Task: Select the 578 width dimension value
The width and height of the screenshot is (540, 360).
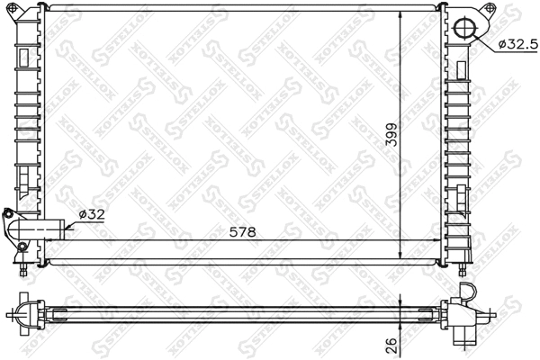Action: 242,232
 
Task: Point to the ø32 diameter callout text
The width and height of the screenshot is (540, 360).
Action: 93,214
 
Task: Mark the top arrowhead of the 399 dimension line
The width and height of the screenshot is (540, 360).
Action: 398,17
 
